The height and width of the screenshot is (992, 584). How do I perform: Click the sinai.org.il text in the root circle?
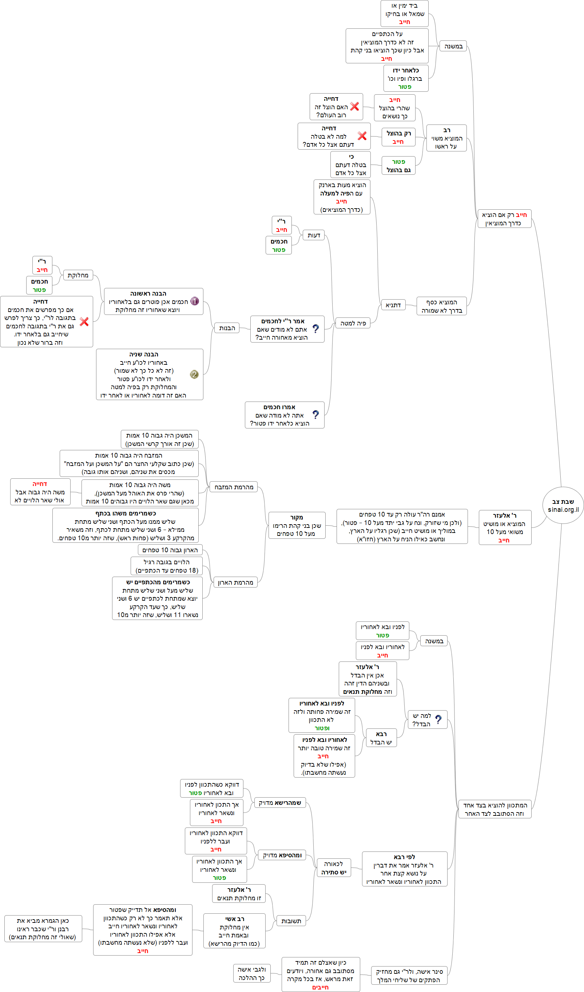[563, 509]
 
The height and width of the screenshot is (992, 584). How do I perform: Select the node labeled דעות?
[314, 235]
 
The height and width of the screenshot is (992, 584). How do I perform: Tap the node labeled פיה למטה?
[353, 323]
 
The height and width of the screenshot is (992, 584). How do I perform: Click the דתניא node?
[393, 305]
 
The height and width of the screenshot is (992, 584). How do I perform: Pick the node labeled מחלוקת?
[78, 275]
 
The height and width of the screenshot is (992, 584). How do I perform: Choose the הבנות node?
[227, 328]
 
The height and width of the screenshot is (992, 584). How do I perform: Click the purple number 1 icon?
[194, 301]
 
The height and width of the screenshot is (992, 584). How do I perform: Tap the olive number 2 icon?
[194, 374]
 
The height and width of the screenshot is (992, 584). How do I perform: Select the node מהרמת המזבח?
[234, 487]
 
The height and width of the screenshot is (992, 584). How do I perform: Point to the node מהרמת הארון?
[235, 582]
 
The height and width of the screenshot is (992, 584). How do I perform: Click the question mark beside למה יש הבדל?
[438, 720]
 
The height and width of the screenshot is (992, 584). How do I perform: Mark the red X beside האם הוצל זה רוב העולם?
[354, 106]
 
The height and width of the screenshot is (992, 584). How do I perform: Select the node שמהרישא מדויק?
[280, 803]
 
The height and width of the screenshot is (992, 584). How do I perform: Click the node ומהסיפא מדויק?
[282, 855]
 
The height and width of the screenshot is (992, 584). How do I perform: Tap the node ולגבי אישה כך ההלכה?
[252, 973]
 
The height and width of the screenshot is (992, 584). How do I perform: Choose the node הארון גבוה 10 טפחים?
[170, 550]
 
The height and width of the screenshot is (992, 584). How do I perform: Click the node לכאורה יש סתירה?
[333, 868]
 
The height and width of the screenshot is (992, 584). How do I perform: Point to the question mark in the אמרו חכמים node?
[315, 415]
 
